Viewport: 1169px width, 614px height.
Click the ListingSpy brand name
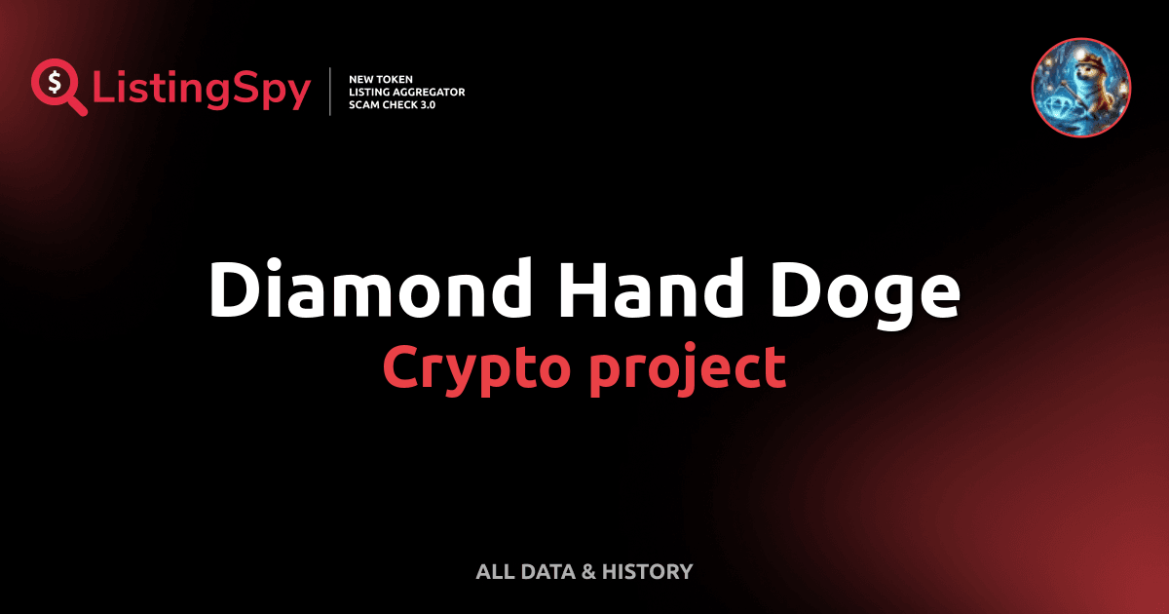[202, 91]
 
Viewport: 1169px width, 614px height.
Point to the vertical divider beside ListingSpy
[332, 92]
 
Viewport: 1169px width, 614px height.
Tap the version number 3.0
[424, 104]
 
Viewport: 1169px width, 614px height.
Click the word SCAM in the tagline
[363, 104]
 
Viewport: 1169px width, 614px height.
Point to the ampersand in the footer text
[587, 571]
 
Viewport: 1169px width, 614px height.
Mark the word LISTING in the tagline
[370, 92]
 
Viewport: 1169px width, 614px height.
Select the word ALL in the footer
[495, 571]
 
